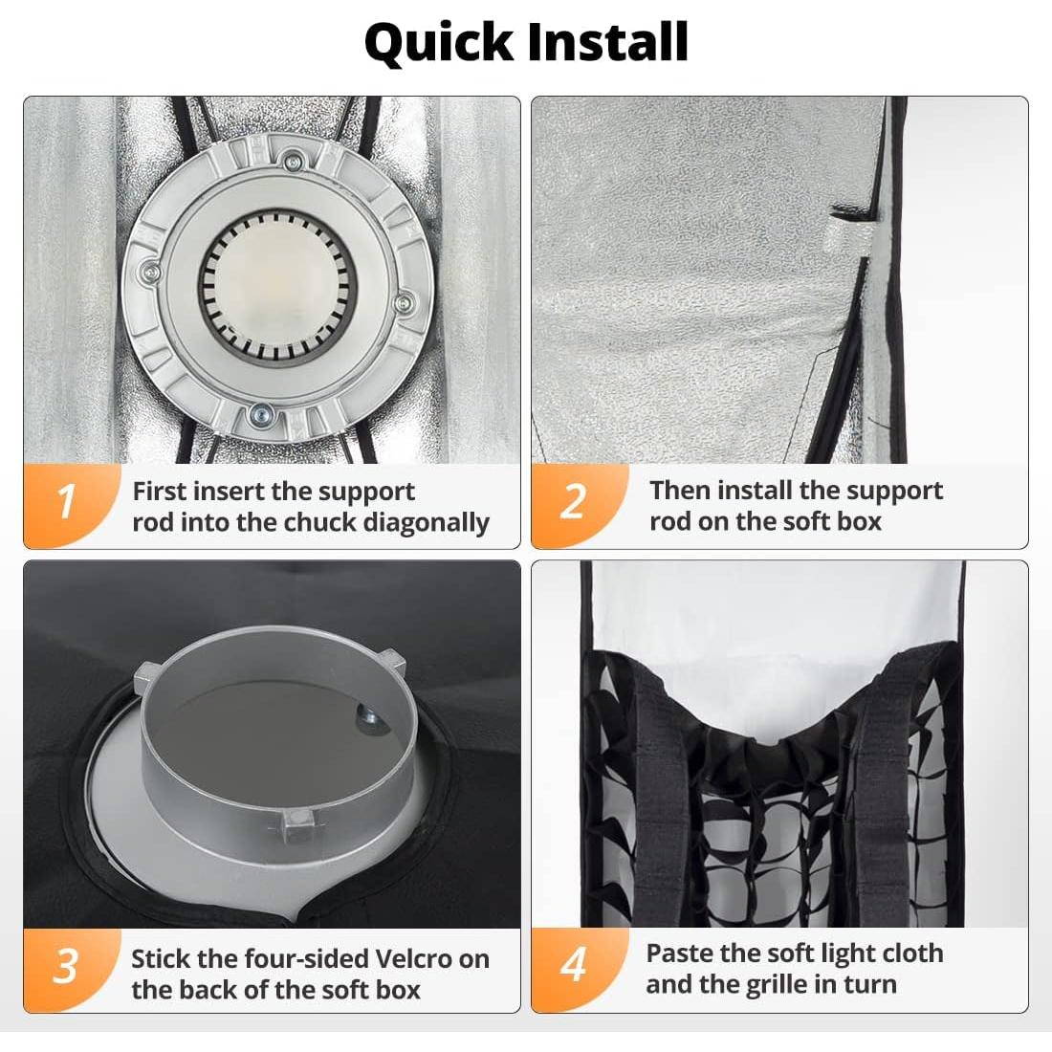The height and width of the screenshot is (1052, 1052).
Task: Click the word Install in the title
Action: pos(608,41)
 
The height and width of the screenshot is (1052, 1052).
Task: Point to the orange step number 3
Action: pos(65,966)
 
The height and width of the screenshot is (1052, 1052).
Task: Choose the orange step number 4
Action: pos(574,965)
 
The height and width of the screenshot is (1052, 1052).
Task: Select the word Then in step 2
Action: pos(679,490)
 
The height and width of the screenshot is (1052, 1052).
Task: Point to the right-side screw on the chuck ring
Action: pos(404,303)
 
